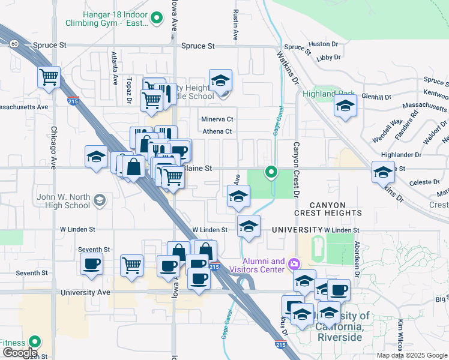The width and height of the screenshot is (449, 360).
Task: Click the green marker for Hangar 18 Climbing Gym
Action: point(157,18)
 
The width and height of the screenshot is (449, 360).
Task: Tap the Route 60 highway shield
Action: point(14,43)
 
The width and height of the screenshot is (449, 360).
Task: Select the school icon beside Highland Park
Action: point(345,107)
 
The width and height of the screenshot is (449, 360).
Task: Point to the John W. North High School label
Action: point(55,201)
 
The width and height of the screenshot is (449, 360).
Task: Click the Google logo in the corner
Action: point(19,353)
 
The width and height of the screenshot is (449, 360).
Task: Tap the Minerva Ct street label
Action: point(217,119)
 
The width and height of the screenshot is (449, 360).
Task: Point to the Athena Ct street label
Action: point(217,131)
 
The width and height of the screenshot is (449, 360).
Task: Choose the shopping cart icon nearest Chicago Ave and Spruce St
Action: point(49,77)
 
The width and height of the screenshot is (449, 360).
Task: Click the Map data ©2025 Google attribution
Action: point(412,355)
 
